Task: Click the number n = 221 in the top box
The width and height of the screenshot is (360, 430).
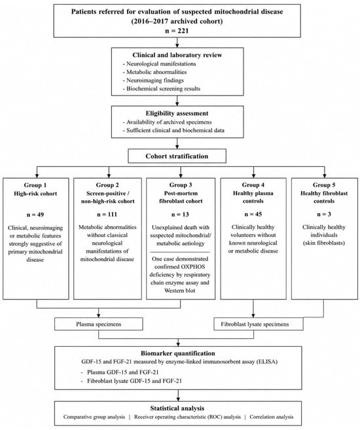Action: coord(177,31)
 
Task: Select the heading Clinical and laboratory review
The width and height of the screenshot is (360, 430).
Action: coord(177,55)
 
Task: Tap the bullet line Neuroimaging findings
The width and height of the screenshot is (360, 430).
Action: coord(155,81)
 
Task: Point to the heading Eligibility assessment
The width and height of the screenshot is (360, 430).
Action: coord(177,113)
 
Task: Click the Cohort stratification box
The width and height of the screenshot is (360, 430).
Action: coord(177,156)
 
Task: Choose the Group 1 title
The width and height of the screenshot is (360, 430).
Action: coord(35,185)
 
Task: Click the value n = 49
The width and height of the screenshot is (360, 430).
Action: coord(35,215)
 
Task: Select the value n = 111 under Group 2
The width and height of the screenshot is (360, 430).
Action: coord(107,215)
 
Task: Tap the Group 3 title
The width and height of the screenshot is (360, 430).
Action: coord(181,185)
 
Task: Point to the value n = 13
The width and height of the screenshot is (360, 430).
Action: coord(180,215)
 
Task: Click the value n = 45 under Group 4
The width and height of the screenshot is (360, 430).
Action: coord(253,214)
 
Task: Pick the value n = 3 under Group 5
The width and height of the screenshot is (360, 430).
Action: coord(324,214)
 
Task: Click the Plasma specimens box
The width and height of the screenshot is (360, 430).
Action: coord(99,324)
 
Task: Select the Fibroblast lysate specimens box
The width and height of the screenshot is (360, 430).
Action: coord(259,324)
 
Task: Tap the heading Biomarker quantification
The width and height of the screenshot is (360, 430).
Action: coord(178,353)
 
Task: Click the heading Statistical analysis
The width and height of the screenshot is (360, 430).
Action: coord(177,408)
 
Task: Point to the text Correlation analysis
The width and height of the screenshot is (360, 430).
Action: coord(271,417)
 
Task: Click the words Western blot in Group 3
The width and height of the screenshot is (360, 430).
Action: coord(179,291)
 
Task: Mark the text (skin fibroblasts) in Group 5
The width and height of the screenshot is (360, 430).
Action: coord(324,243)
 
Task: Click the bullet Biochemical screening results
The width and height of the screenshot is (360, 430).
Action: coord(163,88)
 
